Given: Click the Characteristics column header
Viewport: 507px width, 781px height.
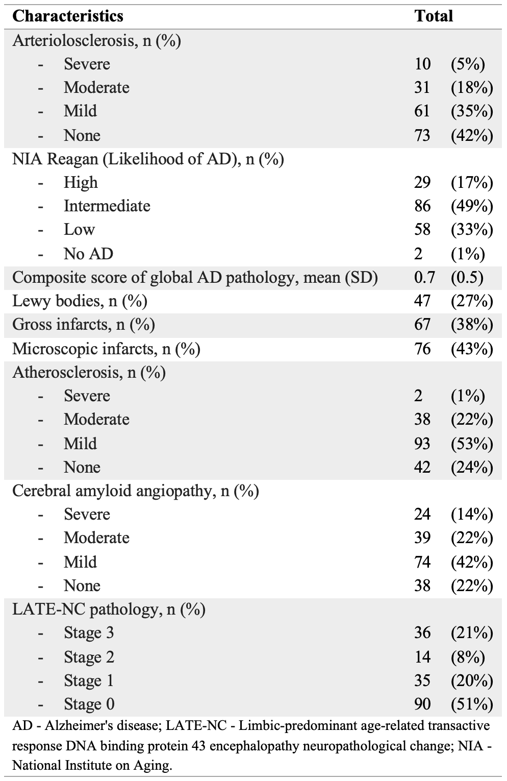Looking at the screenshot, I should click(x=67, y=16).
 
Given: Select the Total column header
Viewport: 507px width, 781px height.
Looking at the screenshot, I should click(x=434, y=16).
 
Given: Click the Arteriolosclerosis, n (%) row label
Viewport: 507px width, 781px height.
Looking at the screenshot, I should click(x=96, y=40).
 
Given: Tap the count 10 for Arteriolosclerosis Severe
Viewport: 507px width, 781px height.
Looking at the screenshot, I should click(x=422, y=64).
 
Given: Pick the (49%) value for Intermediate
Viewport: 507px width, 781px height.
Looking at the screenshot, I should click(x=472, y=206).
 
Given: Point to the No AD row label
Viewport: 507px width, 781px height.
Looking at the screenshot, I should click(x=88, y=254).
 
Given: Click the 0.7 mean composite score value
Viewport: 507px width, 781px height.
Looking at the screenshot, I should click(x=424, y=277).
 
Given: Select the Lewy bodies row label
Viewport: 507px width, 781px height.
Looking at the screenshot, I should click(x=80, y=301).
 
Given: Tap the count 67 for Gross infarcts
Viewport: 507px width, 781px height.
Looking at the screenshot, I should click(x=422, y=325).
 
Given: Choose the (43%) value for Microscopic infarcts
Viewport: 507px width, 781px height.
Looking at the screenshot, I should click(x=472, y=349).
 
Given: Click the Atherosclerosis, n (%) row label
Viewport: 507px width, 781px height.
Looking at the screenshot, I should click(x=89, y=373).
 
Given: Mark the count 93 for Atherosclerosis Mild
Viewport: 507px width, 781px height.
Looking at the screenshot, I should click(x=422, y=444).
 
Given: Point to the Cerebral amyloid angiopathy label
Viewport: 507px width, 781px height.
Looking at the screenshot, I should click(x=135, y=491).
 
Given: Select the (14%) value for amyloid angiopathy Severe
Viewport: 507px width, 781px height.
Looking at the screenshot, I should click(x=472, y=514).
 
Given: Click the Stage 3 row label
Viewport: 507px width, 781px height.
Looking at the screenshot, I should click(x=89, y=633).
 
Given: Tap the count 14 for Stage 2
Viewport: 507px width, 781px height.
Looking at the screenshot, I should click(x=422, y=657).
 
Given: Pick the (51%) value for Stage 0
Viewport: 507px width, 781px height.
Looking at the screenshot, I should click(x=472, y=704).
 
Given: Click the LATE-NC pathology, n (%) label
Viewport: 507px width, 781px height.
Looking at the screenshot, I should click(x=109, y=609).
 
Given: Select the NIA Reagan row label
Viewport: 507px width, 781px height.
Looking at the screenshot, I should click(x=148, y=159).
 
